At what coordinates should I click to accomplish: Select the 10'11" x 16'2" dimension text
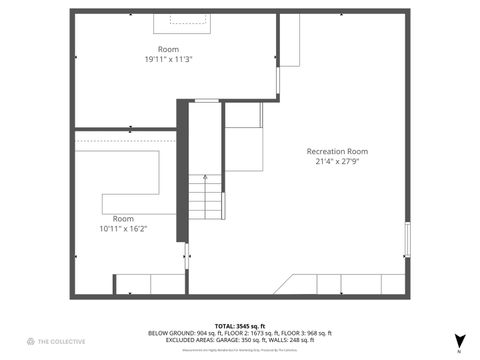coord(123,228)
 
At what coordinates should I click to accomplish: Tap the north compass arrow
coord(459,340)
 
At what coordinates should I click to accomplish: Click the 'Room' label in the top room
coord(168,49)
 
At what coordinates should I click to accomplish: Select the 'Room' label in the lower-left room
coord(122,218)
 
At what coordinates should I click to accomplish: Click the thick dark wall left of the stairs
coord(182,170)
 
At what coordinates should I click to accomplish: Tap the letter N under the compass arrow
coord(459,352)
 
